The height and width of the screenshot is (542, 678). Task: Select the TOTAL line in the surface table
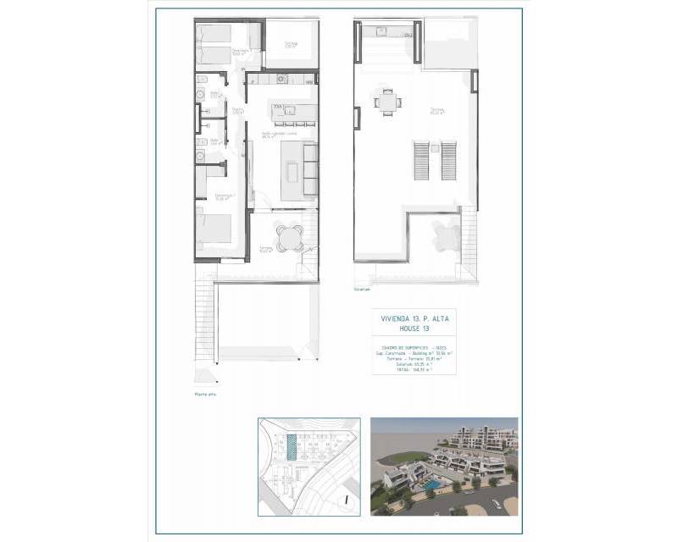click(413, 368)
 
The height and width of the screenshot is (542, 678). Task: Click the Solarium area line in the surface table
click(413, 362)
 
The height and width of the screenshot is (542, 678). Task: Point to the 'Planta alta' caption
click(204, 395)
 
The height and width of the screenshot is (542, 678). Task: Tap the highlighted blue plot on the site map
click(292, 447)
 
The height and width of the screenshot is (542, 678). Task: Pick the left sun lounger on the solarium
click(422, 161)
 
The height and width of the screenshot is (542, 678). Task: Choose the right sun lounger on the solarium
click(448, 161)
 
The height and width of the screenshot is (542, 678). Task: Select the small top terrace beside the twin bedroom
click(289, 42)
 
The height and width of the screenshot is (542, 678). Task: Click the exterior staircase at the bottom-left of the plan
click(205, 326)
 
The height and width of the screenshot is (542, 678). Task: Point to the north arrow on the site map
click(348, 501)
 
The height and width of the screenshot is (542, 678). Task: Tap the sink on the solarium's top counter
click(382, 32)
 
